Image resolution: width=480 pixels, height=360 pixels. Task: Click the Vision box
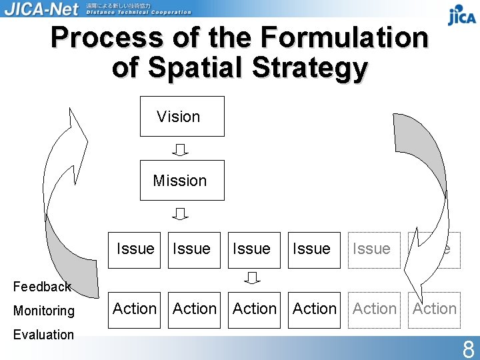point(182,117)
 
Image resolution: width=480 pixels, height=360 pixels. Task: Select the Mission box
point(182,180)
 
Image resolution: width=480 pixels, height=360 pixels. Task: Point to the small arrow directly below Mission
point(181,214)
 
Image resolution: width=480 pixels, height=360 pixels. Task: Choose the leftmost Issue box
point(135,249)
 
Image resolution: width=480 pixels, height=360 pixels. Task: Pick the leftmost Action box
point(135,309)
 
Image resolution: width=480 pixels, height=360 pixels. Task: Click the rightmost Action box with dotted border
point(435,309)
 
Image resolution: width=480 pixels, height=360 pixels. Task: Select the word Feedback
point(42,287)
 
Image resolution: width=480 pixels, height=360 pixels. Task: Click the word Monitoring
point(44,311)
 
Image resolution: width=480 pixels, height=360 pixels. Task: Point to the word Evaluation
point(43,335)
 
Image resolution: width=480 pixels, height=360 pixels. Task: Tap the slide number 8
point(468,348)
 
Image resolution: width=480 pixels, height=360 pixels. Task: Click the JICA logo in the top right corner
point(461,14)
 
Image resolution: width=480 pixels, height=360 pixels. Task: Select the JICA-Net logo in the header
point(41,9)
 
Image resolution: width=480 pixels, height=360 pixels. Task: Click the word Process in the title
point(107,38)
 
